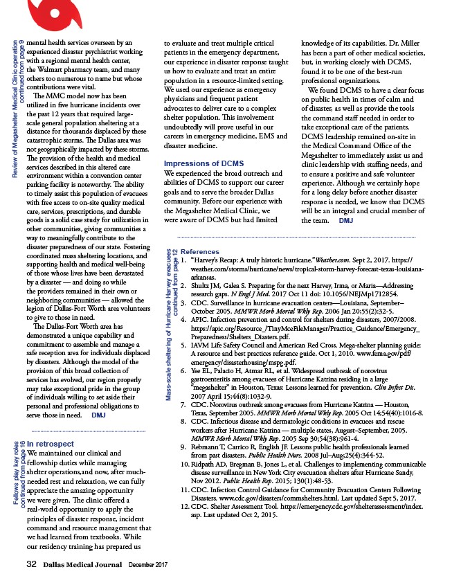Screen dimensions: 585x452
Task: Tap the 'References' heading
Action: (200, 252)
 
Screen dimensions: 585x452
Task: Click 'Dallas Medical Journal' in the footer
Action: (83, 566)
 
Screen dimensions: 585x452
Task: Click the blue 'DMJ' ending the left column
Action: (98, 396)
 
